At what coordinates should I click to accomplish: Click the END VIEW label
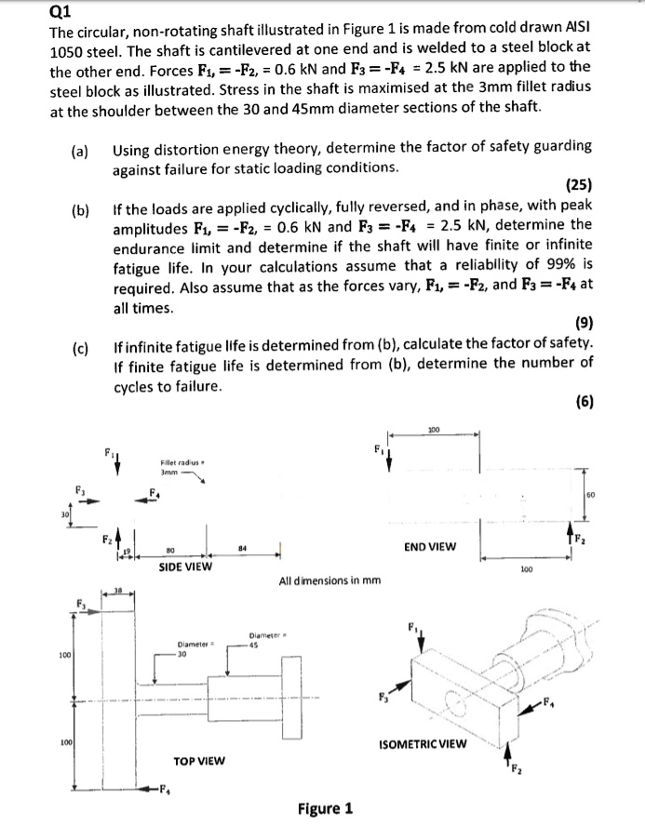click(x=431, y=546)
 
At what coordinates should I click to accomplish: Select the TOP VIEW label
click(x=199, y=760)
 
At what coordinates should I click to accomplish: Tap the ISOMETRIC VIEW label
click(x=426, y=744)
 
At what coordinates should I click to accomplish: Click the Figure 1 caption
click(x=325, y=807)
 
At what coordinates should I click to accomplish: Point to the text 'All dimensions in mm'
click(x=329, y=581)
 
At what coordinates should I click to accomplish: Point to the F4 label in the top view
click(x=165, y=792)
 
